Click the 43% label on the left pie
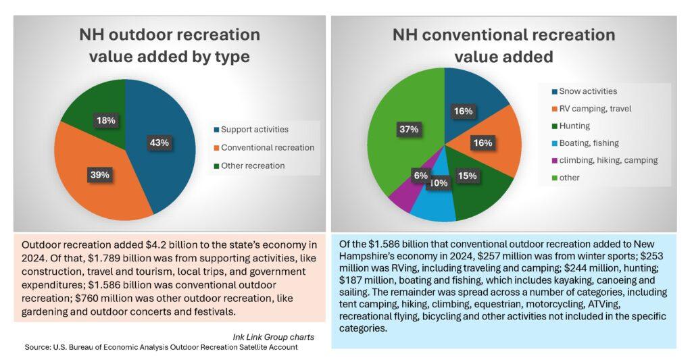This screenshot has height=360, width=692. (x=158, y=143)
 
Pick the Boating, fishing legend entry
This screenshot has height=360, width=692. (x=586, y=143)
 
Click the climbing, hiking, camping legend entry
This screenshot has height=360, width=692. (x=603, y=161)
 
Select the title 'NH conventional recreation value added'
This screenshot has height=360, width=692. (x=503, y=45)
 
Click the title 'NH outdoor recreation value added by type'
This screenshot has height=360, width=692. (x=170, y=45)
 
